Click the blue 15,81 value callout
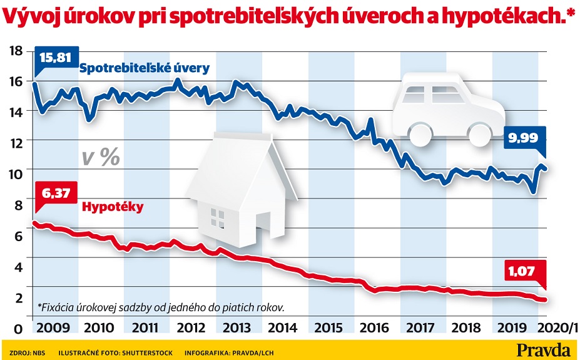point(56,58)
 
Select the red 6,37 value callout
point(56,192)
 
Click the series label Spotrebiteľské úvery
point(145,68)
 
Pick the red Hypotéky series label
point(113,207)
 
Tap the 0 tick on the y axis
point(18,329)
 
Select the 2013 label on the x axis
point(237,327)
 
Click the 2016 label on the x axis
point(374,327)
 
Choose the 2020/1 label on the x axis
point(557,327)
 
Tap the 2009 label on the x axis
point(54,327)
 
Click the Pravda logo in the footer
point(544,349)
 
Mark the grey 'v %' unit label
point(101,158)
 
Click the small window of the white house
point(217,218)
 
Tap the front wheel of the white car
point(420,133)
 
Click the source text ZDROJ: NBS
point(28,353)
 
